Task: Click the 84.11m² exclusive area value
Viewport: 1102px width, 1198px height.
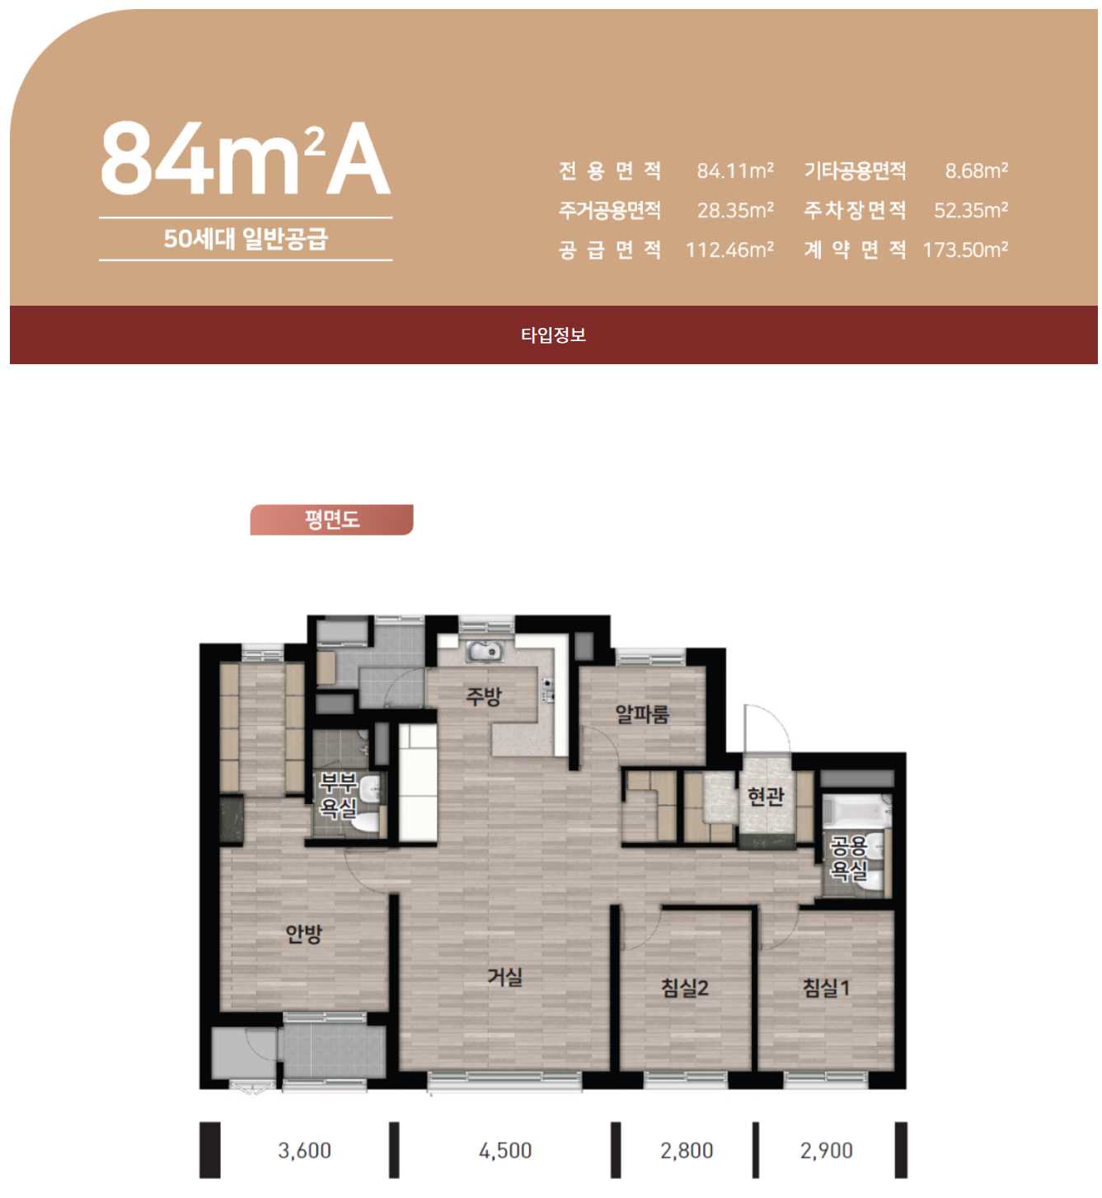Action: coord(735,171)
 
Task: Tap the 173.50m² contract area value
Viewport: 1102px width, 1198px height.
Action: coord(965,250)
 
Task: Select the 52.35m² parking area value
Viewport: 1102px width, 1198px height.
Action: coord(971,210)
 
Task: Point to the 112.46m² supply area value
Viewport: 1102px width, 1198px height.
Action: coord(729,250)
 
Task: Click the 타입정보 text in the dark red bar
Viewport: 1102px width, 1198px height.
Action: coord(553,335)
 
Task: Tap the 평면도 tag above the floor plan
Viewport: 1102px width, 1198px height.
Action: coord(331,519)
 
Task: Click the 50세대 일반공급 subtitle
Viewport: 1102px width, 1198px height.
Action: coord(246,239)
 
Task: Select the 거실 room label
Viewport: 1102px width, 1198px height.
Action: coord(505,978)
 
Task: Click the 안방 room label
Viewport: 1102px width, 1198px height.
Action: coord(303,934)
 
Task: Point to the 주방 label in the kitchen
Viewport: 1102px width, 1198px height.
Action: coord(484,696)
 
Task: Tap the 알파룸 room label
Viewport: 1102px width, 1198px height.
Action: coord(642,714)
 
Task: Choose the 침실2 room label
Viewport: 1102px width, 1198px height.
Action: coord(685,988)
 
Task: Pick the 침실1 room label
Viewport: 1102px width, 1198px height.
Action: coord(826,988)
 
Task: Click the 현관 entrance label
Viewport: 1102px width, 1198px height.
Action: coord(766,796)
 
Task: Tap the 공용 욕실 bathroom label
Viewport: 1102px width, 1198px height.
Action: coord(848,859)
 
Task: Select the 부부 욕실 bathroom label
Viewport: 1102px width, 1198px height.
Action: coord(338,795)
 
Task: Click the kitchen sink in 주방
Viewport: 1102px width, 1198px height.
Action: coord(485,651)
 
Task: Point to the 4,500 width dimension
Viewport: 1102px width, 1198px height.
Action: coord(505,1150)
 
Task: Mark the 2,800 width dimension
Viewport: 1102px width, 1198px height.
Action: coord(686,1150)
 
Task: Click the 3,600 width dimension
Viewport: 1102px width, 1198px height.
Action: coord(304,1150)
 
